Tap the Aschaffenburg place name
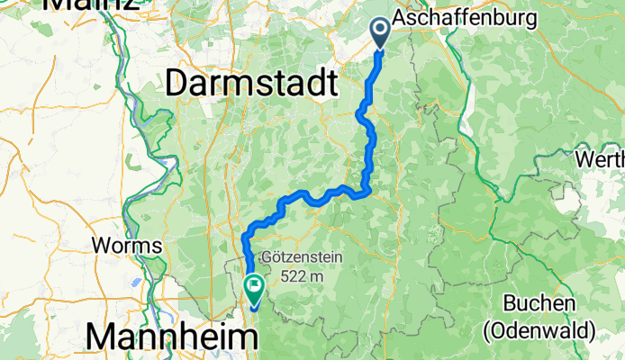(466, 18)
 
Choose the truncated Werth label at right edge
(601, 158)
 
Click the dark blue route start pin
(379, 33)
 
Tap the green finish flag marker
(254, 289)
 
